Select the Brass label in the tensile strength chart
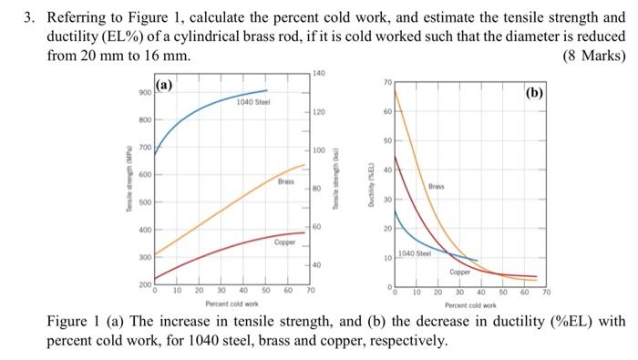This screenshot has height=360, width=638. point(286,182)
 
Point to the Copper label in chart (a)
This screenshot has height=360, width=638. point(283,242)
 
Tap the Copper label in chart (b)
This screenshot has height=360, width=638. point(460,272)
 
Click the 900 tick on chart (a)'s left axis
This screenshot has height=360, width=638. point(145,92)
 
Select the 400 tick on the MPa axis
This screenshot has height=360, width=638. point(145,230)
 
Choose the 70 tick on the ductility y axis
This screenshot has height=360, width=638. point(386,82)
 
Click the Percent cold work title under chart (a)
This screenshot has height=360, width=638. point(232,303)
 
